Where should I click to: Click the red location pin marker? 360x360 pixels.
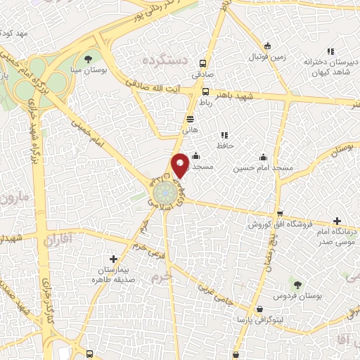[180, 165]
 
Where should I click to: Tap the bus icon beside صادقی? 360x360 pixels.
[204, 62]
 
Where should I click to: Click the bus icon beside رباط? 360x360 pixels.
[205, 91]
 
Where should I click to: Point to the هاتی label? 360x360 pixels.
[191, 130]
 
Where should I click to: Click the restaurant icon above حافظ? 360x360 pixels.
[224, 135]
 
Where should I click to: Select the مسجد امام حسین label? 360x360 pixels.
[264, 168]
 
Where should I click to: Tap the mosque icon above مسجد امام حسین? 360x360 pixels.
[263, 157]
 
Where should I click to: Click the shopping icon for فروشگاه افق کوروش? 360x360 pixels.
[280, 214]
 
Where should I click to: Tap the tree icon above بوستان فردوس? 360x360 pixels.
[297, 285]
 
